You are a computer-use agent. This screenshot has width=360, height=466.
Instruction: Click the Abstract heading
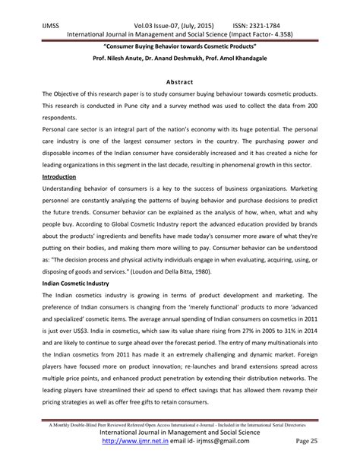click(179, 81)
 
